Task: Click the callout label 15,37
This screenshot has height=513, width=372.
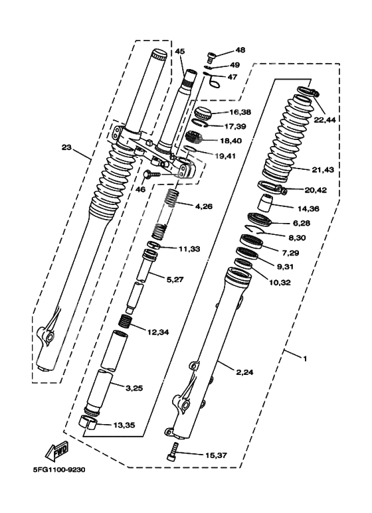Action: tap(216, 455)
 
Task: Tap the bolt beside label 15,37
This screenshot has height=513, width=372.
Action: tap(173, 452)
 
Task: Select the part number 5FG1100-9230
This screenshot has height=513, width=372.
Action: tap(59, 470)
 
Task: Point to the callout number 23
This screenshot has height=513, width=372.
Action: tap(66, 147)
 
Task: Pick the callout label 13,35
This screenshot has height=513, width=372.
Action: tap(124, 425)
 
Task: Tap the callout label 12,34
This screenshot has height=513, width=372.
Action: tap(158, 332)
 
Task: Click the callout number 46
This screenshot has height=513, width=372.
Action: tap(140, 189)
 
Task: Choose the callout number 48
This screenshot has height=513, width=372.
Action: tap(240, 50)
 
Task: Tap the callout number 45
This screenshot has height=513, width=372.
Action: tap(180, 51)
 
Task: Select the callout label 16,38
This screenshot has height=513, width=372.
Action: tap(240, 112)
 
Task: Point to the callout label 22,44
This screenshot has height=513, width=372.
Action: tap(325, 120)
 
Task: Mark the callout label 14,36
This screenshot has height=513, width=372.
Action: tap(308, 208)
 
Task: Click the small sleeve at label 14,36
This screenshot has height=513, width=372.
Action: tap(266, 203)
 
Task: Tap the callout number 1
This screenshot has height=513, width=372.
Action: tap(305, 359)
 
